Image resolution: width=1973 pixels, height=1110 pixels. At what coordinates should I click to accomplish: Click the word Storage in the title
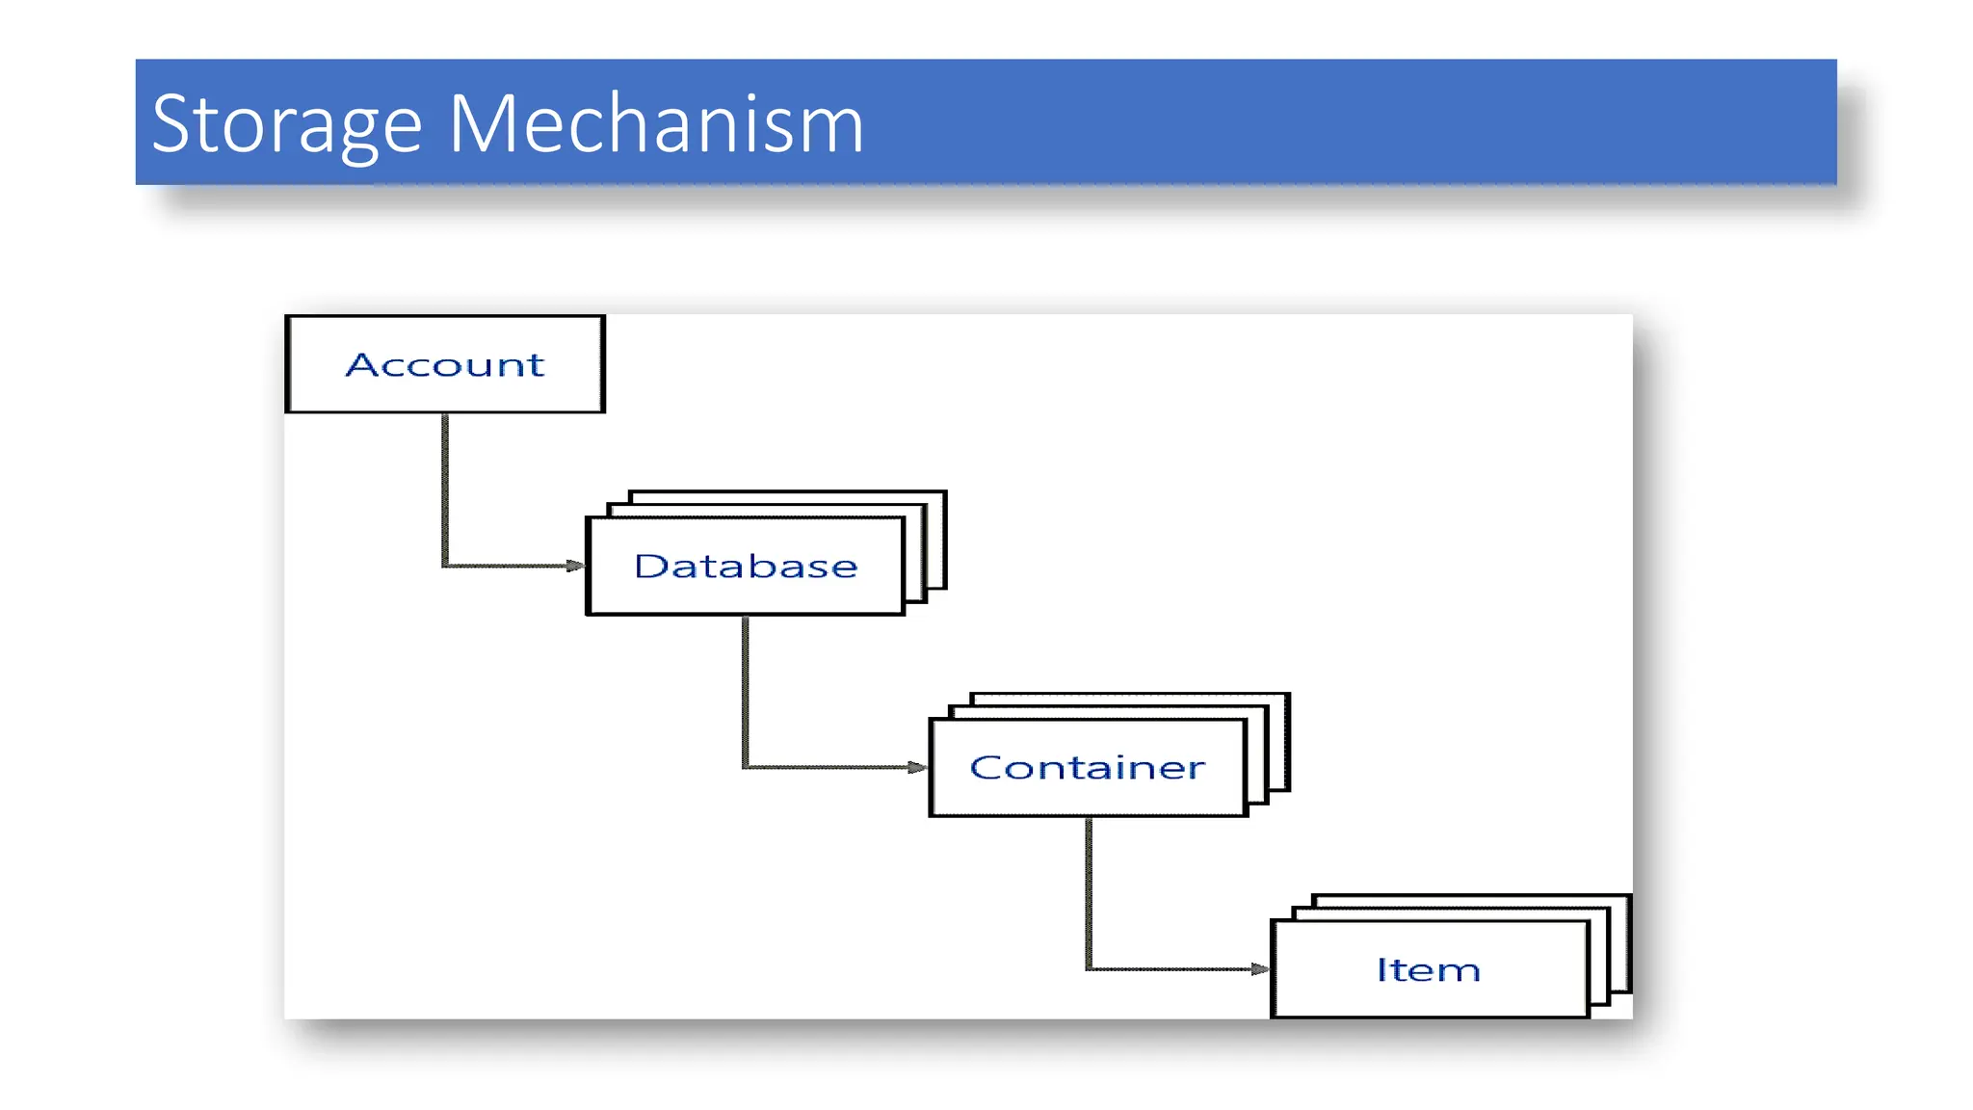pos(286,124)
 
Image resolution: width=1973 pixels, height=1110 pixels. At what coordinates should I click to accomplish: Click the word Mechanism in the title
pos(656,124)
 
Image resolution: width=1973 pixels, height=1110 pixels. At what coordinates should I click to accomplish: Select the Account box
pos(445,364)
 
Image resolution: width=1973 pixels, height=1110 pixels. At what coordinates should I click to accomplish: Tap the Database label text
pos(746,567)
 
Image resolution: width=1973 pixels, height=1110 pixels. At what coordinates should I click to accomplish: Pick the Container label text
pos(1087,768)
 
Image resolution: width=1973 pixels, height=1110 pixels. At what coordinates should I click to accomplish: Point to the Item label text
pos(1428,970)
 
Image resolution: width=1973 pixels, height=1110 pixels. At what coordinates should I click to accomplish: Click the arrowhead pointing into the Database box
pos(575,566)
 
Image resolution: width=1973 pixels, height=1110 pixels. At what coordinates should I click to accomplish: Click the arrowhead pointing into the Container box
pos(917,767)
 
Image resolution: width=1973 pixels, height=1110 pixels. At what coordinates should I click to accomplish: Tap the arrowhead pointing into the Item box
pos(1260,969)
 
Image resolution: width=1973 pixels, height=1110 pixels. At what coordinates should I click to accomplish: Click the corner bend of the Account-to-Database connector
pos(446,565)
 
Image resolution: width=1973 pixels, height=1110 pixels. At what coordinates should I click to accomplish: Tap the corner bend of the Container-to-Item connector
pos(1090,968)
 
